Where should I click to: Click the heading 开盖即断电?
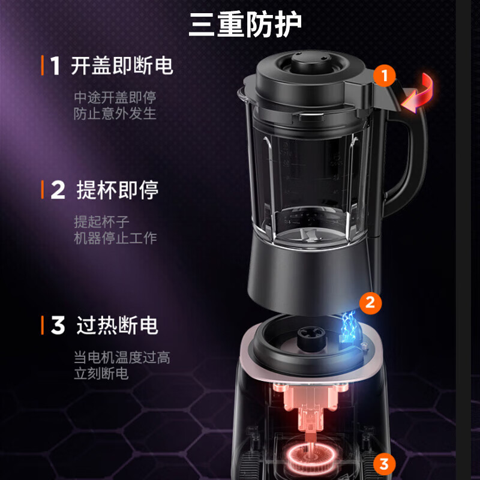(x=122, y=65)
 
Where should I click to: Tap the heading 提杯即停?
(x=118, y=190)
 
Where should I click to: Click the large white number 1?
(x=55, y=66)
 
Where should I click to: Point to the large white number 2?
(x=58, y=191)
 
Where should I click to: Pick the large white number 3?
(x=58, y=326)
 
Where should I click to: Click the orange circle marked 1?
(x=384, y=76)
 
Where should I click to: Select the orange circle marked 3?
(x=384, y=463)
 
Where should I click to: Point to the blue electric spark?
(x=348, y=327)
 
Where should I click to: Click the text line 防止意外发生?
(x=115, y=113)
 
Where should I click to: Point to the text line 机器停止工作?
(x=115, y=238)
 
